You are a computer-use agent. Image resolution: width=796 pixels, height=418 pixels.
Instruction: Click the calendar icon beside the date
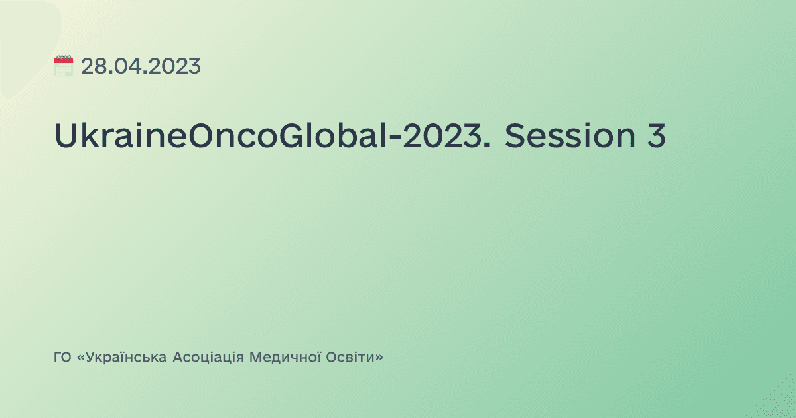click(63, 66)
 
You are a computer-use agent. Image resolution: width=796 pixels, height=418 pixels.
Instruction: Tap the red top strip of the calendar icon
click(63, 59)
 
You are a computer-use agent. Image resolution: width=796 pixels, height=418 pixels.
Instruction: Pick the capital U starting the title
click(65, 137)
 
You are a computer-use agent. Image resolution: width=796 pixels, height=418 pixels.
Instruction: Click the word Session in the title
click(564, 137)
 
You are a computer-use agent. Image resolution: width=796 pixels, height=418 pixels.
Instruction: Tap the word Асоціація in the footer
click(208, 358)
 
